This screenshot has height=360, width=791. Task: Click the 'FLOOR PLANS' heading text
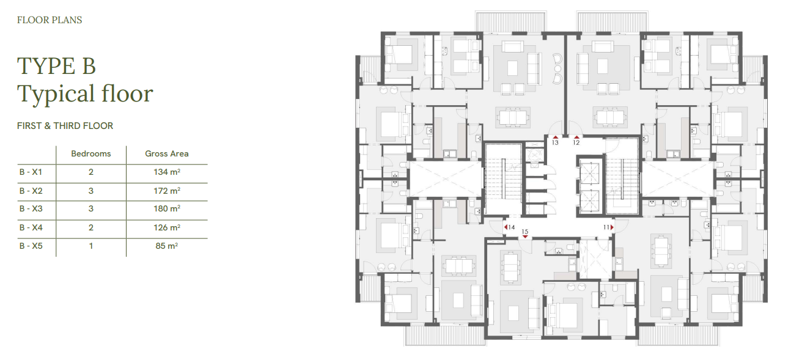click(50, 20)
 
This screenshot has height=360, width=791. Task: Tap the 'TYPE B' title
click(56, 66)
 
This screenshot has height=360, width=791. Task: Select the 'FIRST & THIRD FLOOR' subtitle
click(65, 126)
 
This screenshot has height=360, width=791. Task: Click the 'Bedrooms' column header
click(90, 153)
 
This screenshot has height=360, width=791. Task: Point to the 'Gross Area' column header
click(167, 153)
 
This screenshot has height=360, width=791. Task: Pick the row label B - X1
click(31, 172)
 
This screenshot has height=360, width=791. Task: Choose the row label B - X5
click(31, 246)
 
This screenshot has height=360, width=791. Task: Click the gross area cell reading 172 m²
click(167, 191)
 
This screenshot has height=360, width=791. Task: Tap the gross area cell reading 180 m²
click(167, 208)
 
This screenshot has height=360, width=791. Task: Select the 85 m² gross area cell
click(167, 246)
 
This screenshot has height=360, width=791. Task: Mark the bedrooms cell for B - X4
click(90, 227)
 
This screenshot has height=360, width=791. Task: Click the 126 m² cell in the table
click(167, 227)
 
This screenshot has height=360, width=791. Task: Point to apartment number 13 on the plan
click(555, 142)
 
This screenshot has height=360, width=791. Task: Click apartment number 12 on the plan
click(576, 142)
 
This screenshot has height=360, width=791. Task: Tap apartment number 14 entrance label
click(511, 227)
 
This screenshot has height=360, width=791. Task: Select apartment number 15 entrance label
click(525, 232)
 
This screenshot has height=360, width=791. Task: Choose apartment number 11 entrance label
click(606, 227)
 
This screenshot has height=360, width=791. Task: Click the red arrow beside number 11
click(612, 227)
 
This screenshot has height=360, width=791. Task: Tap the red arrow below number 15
click(525, 237)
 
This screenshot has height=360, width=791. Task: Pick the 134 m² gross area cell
click(167, 172)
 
